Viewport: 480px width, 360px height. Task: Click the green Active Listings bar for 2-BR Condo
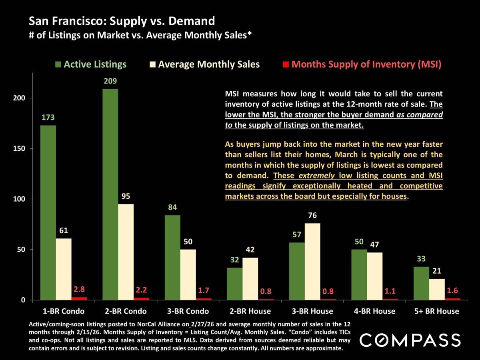click(x=110, y=194)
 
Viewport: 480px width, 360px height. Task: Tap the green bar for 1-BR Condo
click(x=48, y=212)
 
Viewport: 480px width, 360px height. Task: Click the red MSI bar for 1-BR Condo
click(x=79, y=298)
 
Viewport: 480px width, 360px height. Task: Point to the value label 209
click(x=110, y=82)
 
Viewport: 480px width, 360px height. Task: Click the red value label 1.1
click(x=390, y=291)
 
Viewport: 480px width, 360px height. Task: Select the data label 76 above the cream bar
click(x=312, y=216)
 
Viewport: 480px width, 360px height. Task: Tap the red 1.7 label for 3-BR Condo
click(x=204, y=290)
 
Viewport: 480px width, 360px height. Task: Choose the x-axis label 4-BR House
click(x=374, y=311)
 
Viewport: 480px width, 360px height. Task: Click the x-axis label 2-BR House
click(x=250, y=311)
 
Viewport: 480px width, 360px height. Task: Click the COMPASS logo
click(x=410, y=340)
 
